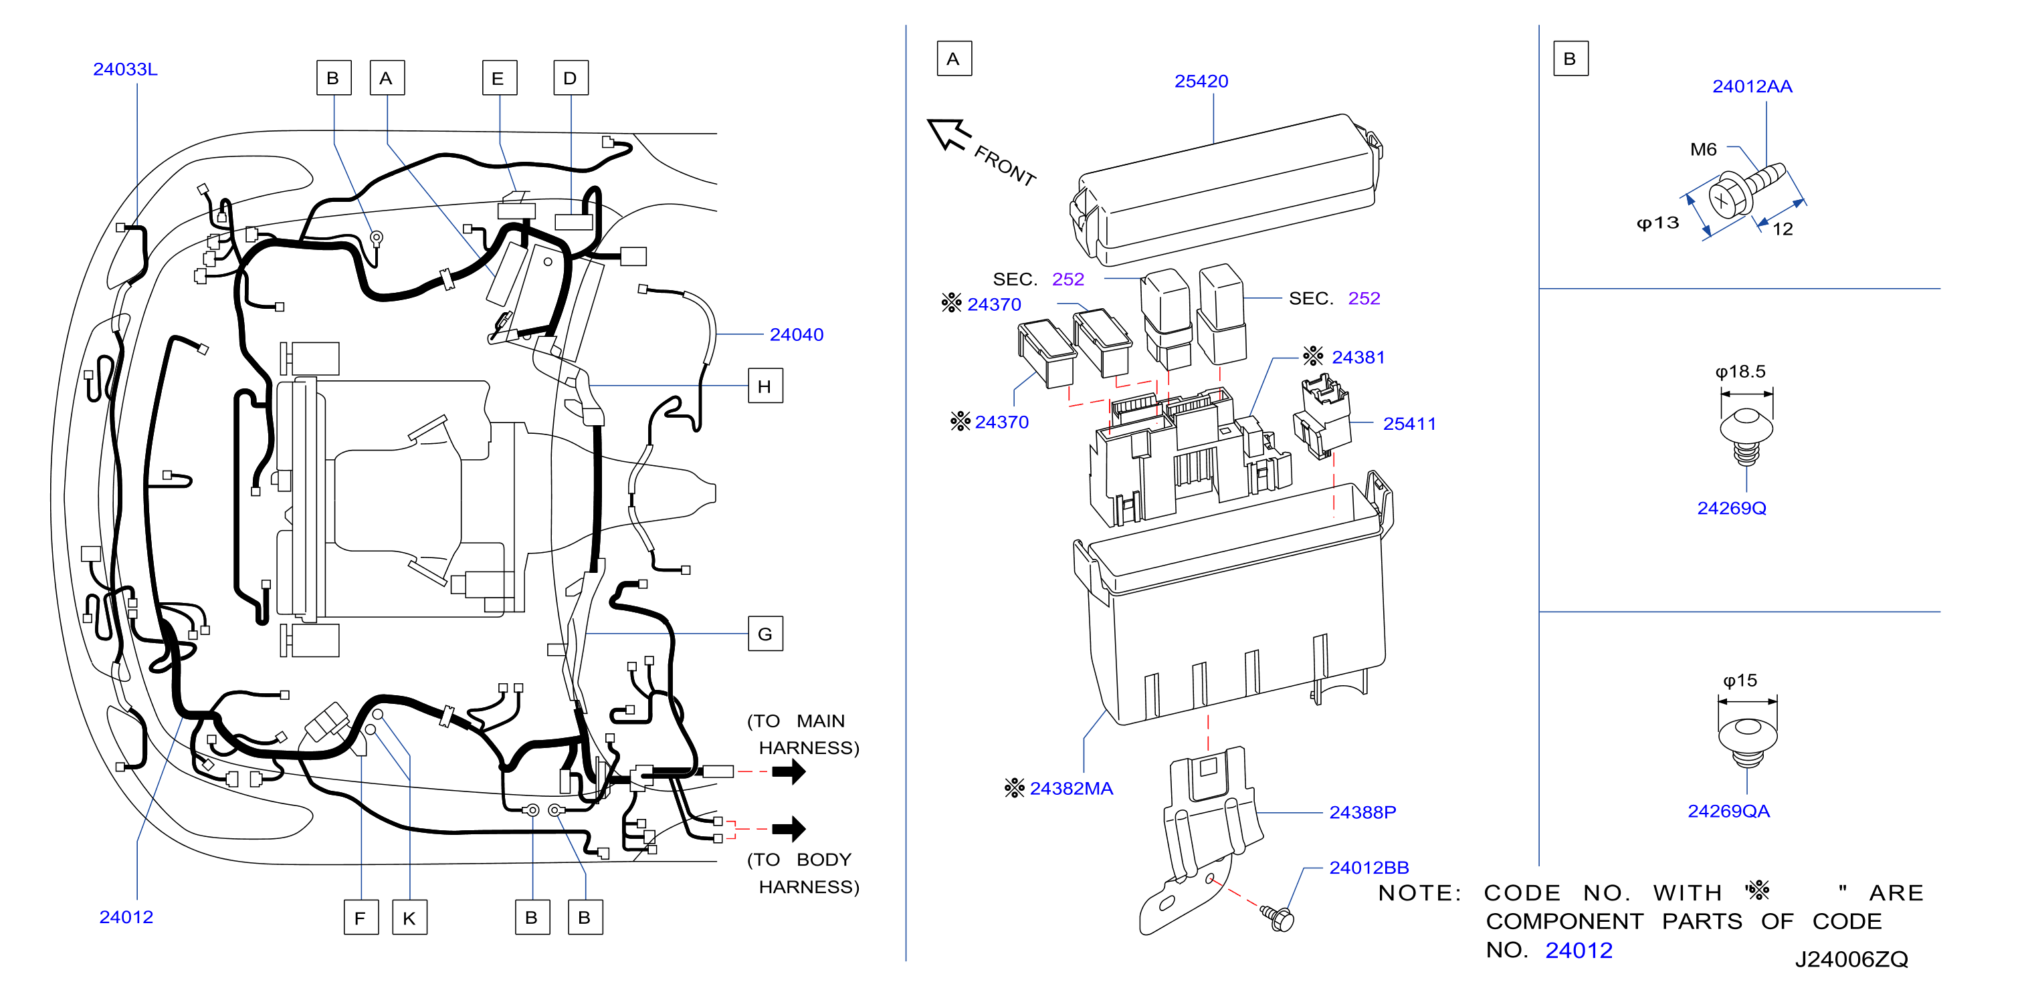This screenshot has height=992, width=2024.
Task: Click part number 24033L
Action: click(125, 69)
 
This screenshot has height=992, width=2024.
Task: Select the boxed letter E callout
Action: click(499, 78)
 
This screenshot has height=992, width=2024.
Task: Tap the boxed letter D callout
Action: click(571, 78)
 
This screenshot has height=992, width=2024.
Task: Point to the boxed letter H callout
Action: click(765, 386)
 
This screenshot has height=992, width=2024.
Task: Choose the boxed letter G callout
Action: click(765, 633)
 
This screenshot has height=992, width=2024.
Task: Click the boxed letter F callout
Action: click(361, 917)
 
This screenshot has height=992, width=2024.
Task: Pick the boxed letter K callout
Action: click(409, 917)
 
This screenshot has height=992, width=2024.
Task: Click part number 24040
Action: click(796, 335)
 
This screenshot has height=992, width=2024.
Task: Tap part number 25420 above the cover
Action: click(1201, 81)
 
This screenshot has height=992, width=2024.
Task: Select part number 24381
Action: click(1358, 358)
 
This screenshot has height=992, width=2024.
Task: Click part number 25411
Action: click(1409, 423)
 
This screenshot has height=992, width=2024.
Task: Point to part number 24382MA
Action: click(1071, 788)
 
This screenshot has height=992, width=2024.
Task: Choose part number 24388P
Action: click(1362, 812)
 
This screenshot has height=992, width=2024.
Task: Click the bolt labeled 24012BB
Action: click(1278, 917)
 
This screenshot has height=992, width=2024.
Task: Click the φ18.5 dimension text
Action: click(1740, 372)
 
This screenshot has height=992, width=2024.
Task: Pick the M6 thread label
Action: click(1704, 149)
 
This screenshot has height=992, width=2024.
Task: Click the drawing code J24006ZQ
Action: click(1851, 959)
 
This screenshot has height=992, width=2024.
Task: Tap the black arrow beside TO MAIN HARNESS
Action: click(789, 771)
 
